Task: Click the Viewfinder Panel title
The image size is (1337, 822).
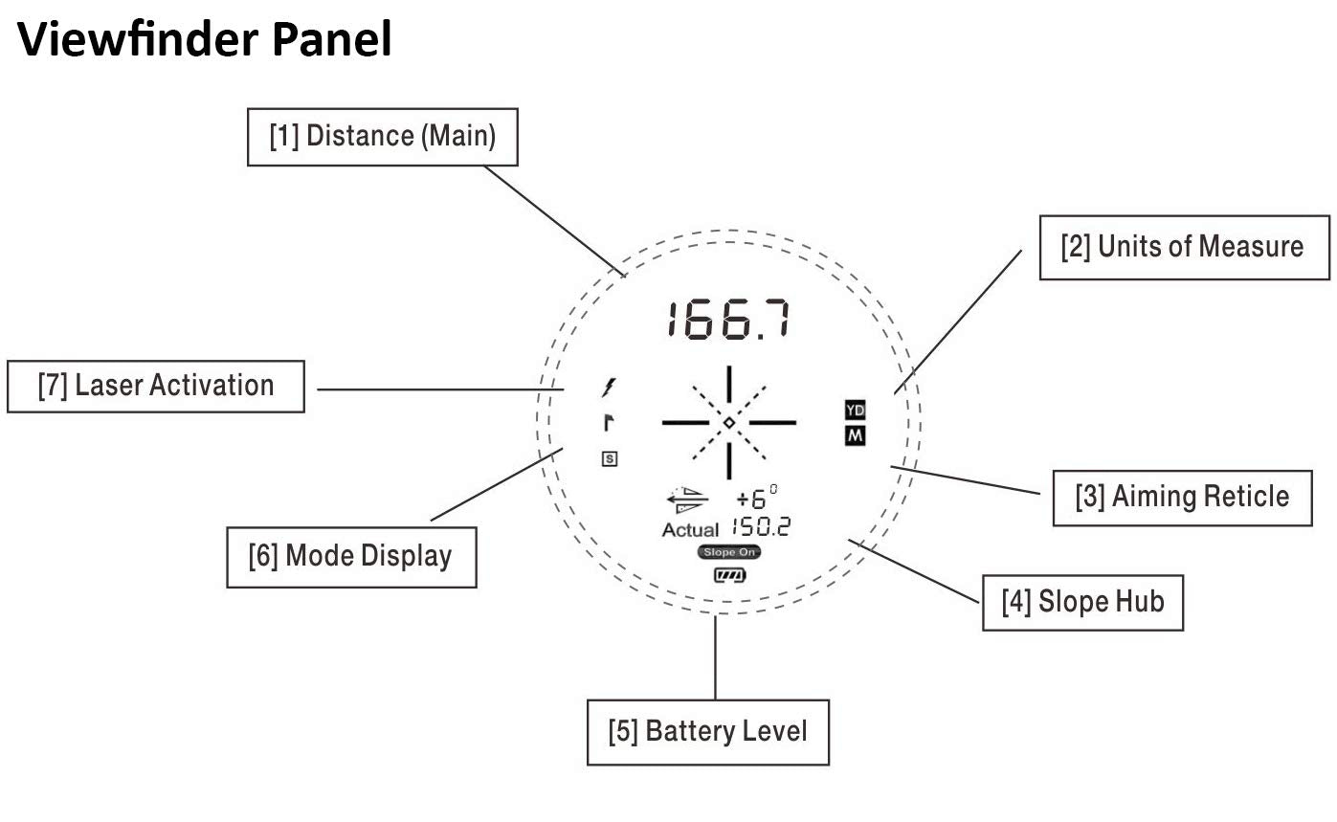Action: (205, 41)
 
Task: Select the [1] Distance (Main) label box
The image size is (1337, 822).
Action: (382, 137)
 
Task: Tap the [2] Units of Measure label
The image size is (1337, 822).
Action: (1183, 247)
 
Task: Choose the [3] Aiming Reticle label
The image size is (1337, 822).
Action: (1182, 497)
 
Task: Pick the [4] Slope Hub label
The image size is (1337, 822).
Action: (1082, 602)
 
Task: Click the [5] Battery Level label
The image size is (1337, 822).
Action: (707, 732)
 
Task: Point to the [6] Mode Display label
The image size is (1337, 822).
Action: (351, 555)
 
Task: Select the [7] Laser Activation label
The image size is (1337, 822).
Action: (156, 386)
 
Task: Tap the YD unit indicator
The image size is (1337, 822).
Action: (855, 411)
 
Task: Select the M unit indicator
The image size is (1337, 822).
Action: (855, 436)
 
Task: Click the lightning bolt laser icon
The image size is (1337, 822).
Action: (608, 388)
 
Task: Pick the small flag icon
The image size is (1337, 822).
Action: (608, 422)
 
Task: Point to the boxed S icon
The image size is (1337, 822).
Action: (609, 458)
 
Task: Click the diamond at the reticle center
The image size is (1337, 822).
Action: (728, 422)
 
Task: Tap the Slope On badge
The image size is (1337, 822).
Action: (729, 552)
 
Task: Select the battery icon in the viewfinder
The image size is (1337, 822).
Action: (729, 575)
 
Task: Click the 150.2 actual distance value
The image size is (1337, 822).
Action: (761, 526)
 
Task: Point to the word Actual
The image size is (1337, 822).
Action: (689, 529)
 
